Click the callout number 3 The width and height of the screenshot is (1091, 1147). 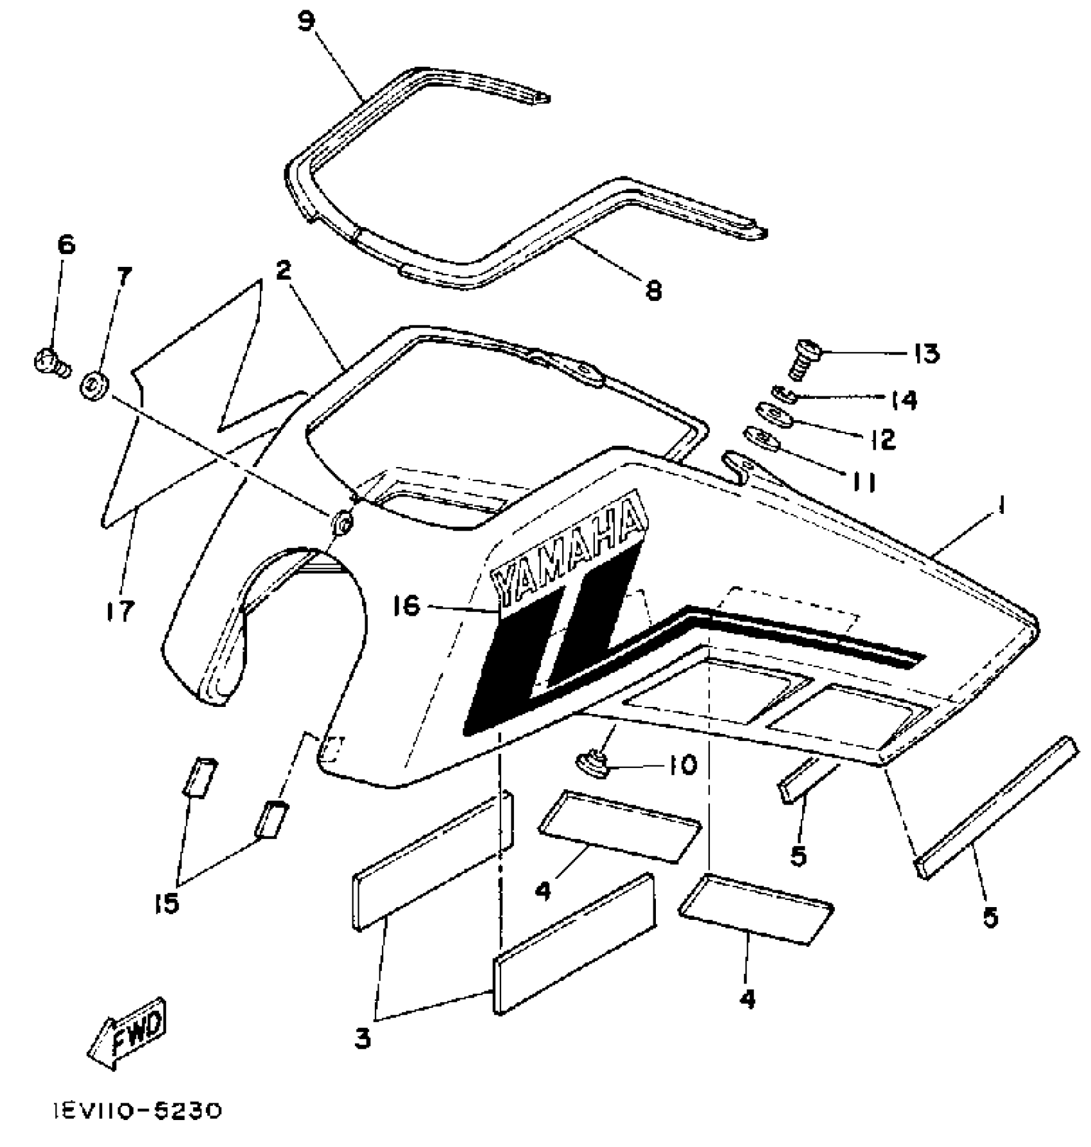pyautogui.click(x=363, y=1039)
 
